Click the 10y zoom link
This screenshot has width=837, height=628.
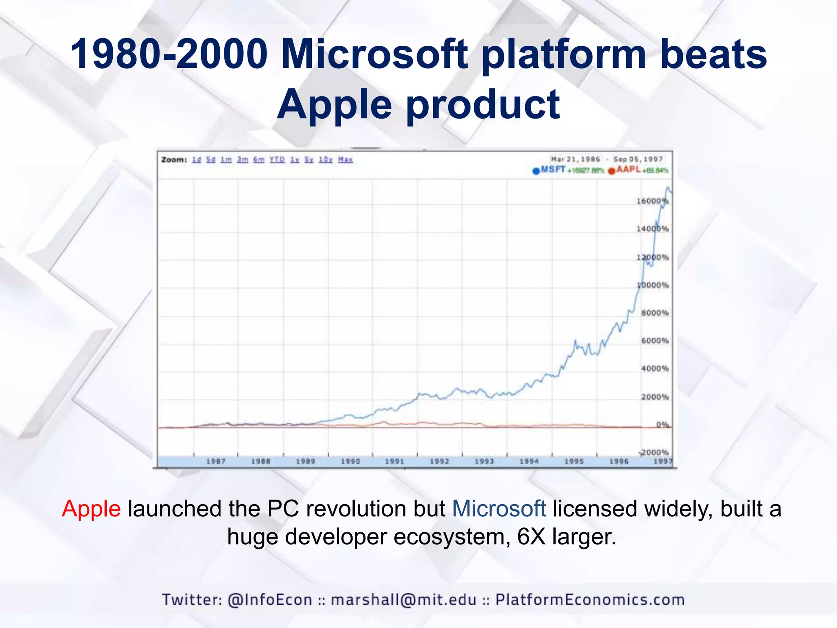point(326,159)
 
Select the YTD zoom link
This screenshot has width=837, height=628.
point(277,159)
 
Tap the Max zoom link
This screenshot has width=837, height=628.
point(345,159)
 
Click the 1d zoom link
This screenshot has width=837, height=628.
point(197,159)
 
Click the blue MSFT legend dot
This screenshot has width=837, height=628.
point(536,171)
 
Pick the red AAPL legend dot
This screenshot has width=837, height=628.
point(611,171)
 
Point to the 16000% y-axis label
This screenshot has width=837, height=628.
point(652,201)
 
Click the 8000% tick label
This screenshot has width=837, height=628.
point(655,313)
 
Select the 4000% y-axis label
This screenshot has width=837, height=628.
point(655,368)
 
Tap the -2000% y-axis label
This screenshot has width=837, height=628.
point(654,452)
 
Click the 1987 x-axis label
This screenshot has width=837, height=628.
point(216,461)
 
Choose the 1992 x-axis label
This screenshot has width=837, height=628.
point(439,461)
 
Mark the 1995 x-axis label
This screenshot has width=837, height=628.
point(574,461)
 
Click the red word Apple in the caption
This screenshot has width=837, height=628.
point(91,509)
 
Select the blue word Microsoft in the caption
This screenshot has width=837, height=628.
point(499,509)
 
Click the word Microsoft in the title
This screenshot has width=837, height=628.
point(374,54)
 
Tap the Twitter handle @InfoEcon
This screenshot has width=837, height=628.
point(270,600)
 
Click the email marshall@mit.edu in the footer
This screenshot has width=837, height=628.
point(404,600)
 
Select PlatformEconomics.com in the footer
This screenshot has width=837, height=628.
point(590,600)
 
